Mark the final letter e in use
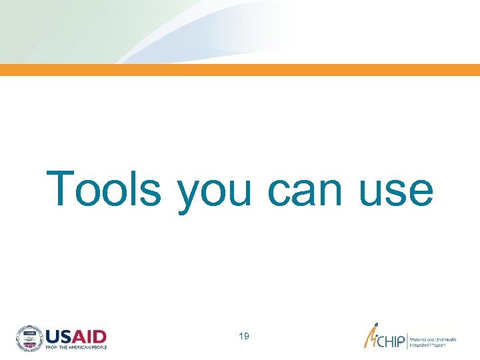click(420, 191)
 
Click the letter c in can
click(279, 191)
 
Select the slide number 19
click(243, 337)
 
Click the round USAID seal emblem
click(29, 338)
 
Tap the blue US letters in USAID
click(59, 335)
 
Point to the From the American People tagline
click(75, 347)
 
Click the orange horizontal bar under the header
click(240, 70)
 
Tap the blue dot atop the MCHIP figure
click(376, 327)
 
